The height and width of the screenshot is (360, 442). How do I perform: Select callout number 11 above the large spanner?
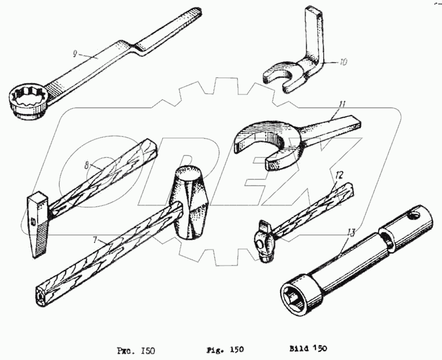pyautogui.click(x=343, y=104)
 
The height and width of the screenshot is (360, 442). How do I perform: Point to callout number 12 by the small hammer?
pyautogui.click(x=339, y=175)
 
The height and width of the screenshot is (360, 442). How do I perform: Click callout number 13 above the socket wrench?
pyautogui.click(x=350, y=231)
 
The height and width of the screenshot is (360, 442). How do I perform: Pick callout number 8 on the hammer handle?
pyautogui.click(x=86, y=164)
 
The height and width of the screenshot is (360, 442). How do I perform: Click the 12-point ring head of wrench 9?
pyautogui.click(x=27, y=100)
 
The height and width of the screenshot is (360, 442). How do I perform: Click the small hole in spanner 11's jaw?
pyautogui.click(x=271, y=164)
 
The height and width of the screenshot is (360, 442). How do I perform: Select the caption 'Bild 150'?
pyautogui.click(x=308, y=349)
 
